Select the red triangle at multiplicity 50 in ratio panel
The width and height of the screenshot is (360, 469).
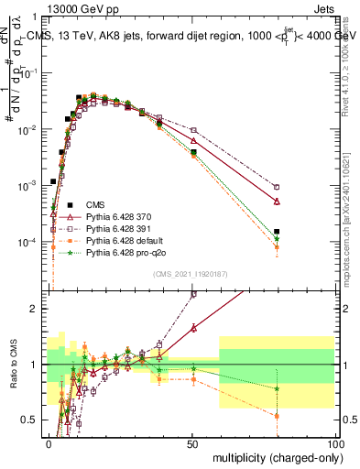193,327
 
